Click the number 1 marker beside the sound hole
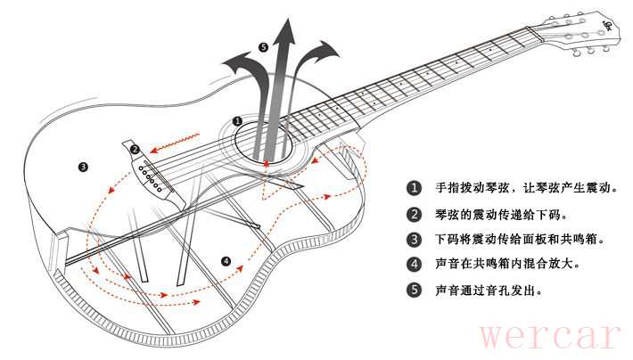click(237, 120)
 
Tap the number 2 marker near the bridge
click(136, 149)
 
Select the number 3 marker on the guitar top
click(83, 166)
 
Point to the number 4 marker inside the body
click(226, 261)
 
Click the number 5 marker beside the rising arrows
click(262, 46)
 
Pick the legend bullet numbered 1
click(414, 189)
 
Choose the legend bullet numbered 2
click(414, 215)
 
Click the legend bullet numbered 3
click(414, 240)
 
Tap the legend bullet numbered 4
click(414, 265)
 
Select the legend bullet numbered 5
click(414, 290)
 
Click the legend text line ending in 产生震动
click(526, 189)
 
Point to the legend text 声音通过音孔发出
click(488, 290)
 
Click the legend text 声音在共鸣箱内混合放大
click(506, 265)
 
